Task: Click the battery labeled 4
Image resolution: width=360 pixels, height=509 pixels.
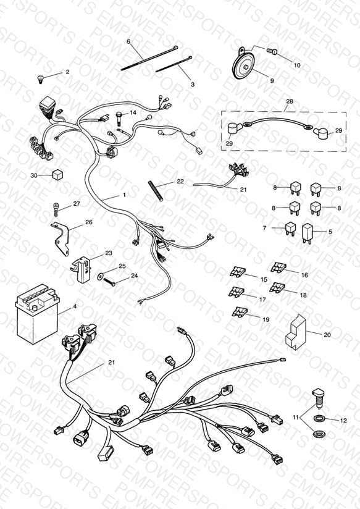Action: [x=37, y=314]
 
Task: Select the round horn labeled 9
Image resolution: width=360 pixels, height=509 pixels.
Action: [x=244, y=65]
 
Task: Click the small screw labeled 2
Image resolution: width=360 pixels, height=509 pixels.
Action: [x=41, y=79]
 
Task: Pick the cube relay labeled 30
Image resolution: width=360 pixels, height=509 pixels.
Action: [x=57, y=175]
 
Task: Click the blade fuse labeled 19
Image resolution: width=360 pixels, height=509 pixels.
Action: [x=240, y=312]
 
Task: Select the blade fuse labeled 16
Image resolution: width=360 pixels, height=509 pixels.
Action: [x=278, y=267]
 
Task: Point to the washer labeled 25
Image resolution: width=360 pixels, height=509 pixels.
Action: [x=100, y=277]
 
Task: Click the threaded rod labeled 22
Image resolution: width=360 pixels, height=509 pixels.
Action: [x=156, y=191]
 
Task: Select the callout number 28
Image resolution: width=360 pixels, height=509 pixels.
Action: [x=289, y=101]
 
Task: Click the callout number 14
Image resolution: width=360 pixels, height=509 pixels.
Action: [x=133, y=112]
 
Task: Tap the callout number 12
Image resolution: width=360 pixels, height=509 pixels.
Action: [x=343, y=421]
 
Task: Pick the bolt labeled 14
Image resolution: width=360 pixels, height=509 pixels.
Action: [x=119, y=119]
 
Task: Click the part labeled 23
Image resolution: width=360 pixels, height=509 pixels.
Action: [x=82, y=269]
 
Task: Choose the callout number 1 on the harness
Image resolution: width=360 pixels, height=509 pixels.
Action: [x=124, y=195]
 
